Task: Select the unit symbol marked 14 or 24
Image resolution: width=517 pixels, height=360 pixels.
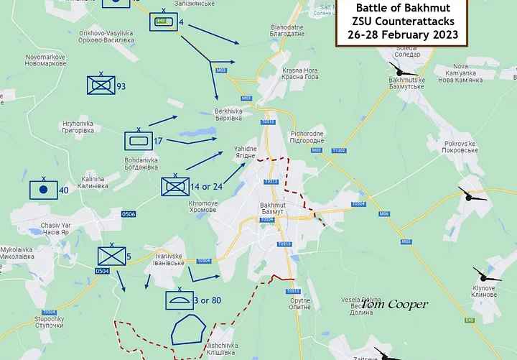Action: (x=174, y=186)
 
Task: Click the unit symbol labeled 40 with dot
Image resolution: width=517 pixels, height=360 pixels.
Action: (x=43, y=190)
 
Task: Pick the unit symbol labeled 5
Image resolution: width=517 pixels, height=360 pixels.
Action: (x=111, y=256)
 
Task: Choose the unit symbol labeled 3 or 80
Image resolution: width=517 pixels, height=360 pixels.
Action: (x=180, y=298)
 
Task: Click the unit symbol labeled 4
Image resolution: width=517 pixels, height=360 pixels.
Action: (x=163, y=22)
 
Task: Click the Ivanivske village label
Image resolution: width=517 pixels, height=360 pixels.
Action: (x=169, y=259)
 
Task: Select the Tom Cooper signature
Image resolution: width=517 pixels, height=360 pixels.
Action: (x=394, y=305)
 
